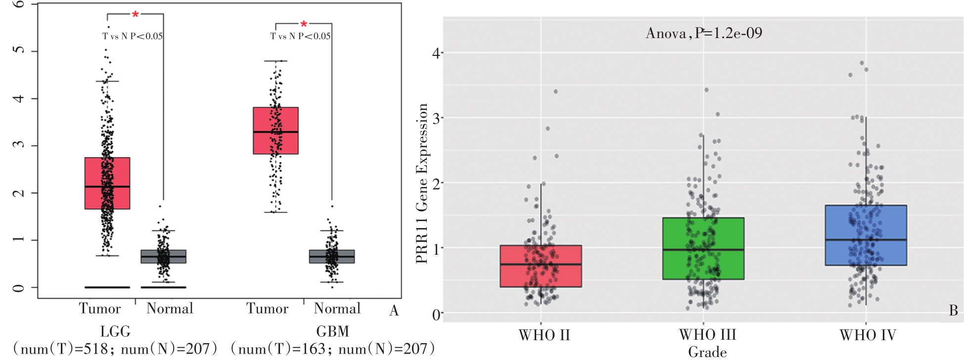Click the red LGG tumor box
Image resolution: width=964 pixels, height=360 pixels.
(107, 183)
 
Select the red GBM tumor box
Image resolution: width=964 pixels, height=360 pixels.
(275, 131)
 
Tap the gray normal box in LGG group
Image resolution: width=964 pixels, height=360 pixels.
(164, 256)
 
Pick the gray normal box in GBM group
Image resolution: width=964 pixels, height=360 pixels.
(332, 256)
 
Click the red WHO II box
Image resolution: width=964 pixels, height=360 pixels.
(541, 266)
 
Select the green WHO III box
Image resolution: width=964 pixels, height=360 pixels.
(703, 248)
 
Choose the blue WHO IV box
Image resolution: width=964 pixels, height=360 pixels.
(866, 235)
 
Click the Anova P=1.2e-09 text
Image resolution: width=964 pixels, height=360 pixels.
(704, 33)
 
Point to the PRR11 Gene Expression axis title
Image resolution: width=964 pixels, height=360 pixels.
(422, 183)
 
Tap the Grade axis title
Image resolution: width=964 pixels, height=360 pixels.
(707, 352)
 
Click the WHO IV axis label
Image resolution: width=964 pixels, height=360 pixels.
(868, 335)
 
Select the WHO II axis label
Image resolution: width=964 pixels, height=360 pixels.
(544, 335)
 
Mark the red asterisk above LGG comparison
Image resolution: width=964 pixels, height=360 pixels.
(135, 15)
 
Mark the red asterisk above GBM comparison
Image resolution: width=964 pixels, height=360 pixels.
(304, 24)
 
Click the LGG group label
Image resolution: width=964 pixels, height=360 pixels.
(115, 331)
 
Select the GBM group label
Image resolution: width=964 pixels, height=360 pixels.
(332, 331)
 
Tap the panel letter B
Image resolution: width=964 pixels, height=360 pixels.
(954, 310)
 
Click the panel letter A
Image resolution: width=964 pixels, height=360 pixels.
(394, 310)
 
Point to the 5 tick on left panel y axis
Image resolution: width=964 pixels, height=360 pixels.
(19, 51)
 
